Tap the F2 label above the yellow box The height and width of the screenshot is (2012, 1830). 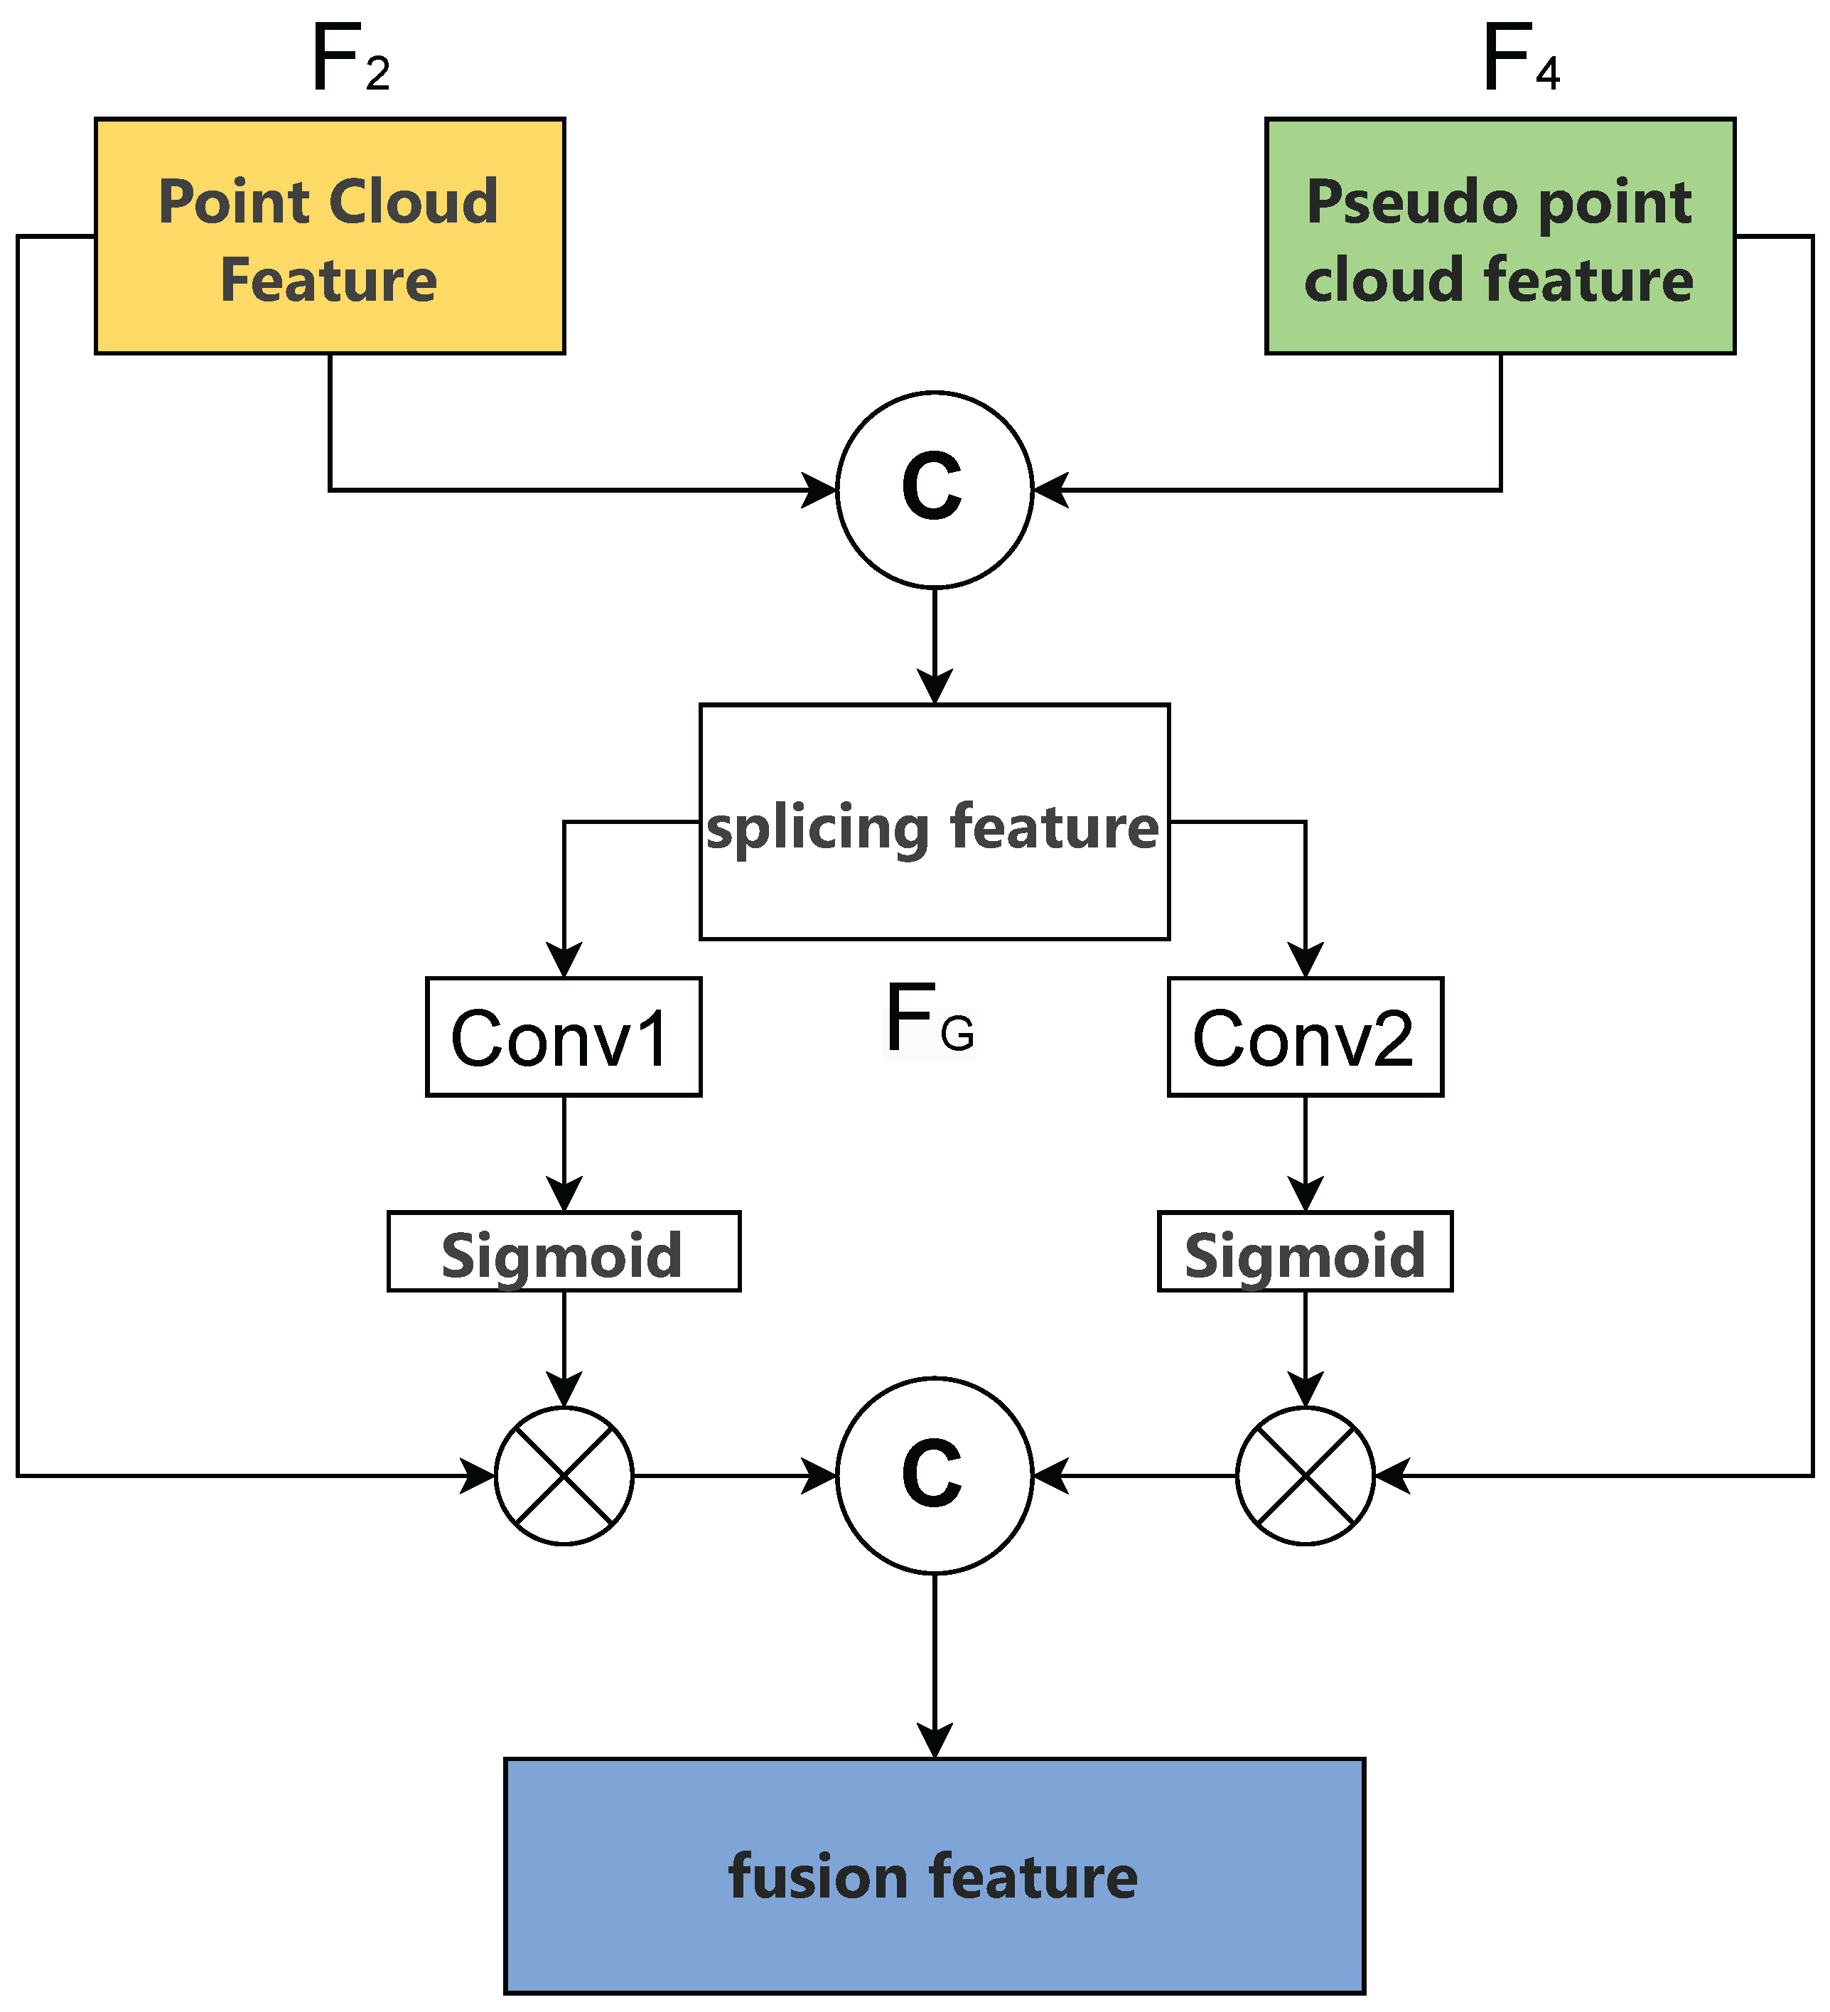(x=349, y=60)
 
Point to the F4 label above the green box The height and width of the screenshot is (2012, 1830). (x=1519, y=60)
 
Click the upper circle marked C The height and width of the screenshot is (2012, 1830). (x=934, y=490)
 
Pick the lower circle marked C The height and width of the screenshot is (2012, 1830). (x=934, y=1476)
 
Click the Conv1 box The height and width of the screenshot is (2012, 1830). (x=564, y=1037)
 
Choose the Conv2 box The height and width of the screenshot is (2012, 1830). (x=1305, y=1037)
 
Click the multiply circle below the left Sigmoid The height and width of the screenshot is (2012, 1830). (x=564, y=1476)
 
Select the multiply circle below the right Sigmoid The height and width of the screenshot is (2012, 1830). (x=1305, y=1476)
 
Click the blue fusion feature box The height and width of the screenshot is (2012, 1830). (x=934, y=1876)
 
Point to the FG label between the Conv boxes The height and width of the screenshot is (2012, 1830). (x=928, y=1020)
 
